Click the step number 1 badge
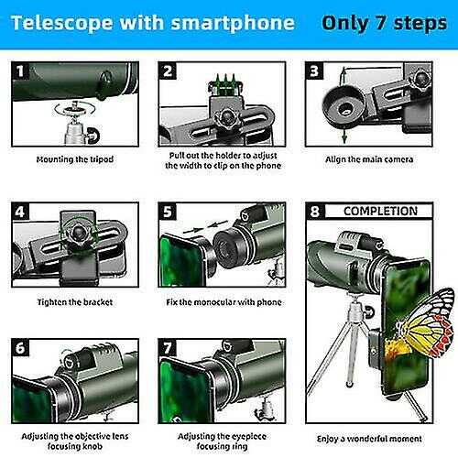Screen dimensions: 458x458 pyautogui.click(x=20, y=71)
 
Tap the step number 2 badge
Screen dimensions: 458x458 pyautogui.click(x=168, y=71)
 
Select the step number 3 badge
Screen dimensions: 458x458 pyautogui.click(x=314, y=71)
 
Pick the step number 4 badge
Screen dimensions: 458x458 pyautogui.click(x=20, y=212)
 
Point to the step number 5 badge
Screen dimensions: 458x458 pyautogui.click(x=168, y=212)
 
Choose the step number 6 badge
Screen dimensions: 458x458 pyautogui.click(x=20, y=347)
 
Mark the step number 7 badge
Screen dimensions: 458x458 pyautogui.click(x=168, y=347)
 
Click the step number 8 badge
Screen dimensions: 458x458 pyautogui.click(x=315, y=211)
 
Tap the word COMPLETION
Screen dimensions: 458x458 pyautogui.click(x=380, y=211)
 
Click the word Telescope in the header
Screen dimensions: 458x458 pyautogui.click(x=62, y=24)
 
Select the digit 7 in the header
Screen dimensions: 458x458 pyautogui.click(x=380, y=23)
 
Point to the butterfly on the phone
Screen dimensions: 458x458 pyautogui.click(x=424, y=323)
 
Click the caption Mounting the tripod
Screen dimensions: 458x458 pyautogui.click(x=75, y=159)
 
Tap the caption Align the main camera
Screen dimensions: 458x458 pyautogui.click(x=369, y=159)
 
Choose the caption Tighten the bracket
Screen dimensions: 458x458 pyautogui.click(x=75, y=302)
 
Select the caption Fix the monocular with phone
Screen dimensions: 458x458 pyautogui.click(x=224, y=302)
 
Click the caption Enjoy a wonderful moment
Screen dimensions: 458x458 pyautogui.click(x=369, y=439)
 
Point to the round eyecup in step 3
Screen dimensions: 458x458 pyautogui.click(x=343, y=105)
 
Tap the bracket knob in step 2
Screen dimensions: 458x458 pyautogui.click(x=226, y=118)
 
